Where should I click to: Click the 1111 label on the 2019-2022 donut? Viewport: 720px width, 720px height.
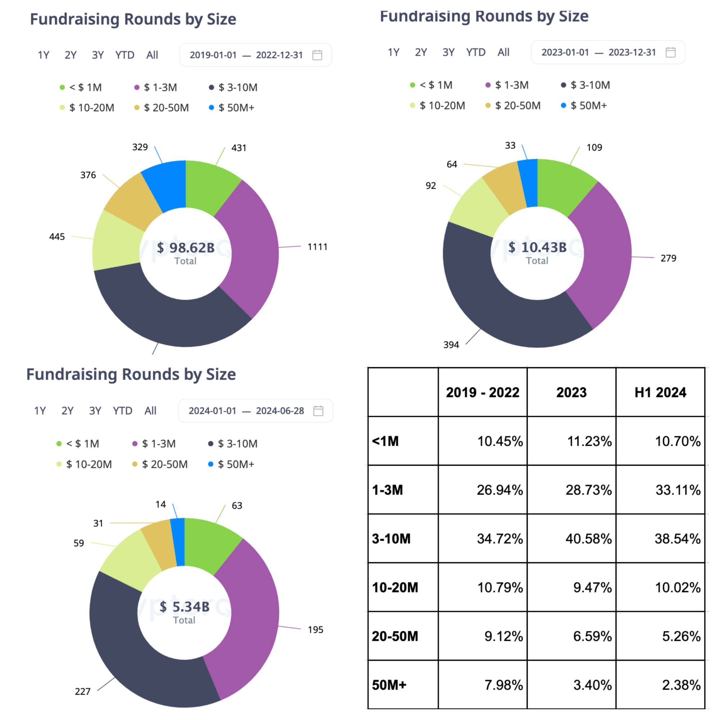coord(317,247)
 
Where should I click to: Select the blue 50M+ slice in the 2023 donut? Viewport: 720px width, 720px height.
coord(529,183)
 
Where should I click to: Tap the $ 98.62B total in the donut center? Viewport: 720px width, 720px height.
coord(186,248)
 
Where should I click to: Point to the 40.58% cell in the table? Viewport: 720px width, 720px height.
coord(589,539)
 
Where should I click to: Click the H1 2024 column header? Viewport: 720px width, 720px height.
coord(660,392)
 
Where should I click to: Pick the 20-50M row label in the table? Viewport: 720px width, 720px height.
coord(395,636)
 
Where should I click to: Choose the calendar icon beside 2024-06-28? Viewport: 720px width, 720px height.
coord(318,411)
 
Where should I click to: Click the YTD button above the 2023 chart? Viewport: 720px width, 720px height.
coord(476,52)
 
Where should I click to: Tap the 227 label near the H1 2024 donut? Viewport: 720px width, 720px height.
coord(82,691)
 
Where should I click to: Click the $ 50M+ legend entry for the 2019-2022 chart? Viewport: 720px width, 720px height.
coord(232,108)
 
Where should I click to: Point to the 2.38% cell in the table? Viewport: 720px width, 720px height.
coord(681,685)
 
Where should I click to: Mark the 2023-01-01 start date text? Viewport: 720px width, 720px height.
coord(565,53)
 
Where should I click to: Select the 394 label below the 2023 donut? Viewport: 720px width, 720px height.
coord(451,345)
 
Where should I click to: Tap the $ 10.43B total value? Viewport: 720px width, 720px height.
coord(537,247)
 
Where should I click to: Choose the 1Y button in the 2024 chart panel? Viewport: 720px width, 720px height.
coord(40,411)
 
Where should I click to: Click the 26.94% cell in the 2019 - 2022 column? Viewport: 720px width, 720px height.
coord(499,490)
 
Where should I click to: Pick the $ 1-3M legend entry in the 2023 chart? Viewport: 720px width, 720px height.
coord(507,85)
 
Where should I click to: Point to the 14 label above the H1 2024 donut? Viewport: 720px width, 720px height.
coord(161,505)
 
